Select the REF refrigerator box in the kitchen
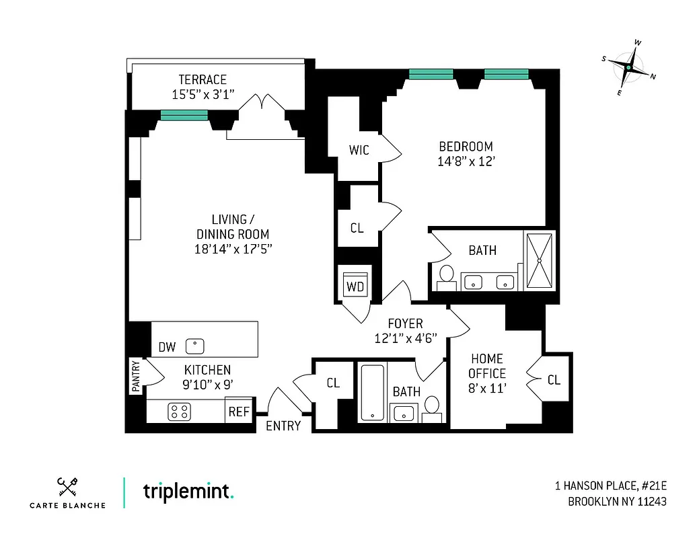239,412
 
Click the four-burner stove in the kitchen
180,412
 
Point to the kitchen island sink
195,346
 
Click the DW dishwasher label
167,348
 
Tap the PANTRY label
136,377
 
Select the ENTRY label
283,426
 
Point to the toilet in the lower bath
432,406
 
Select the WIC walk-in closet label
359,150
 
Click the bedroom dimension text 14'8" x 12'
466,161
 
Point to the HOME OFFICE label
488,366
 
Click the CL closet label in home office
554,380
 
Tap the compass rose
629,67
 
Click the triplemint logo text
188,491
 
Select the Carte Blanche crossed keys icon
67,486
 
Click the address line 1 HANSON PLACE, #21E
611,486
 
